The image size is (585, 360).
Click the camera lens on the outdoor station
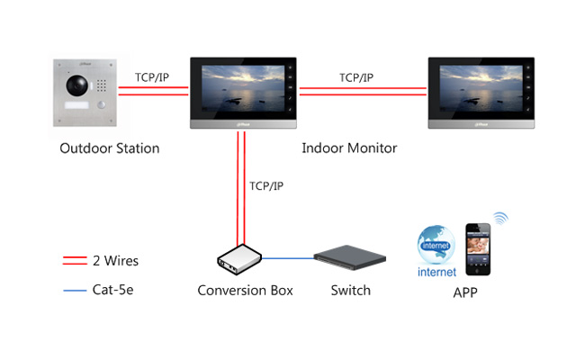(76, 85)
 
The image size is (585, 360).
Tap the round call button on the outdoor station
(101, 105)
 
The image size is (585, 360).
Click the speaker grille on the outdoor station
(101, 85)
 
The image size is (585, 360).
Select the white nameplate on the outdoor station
(76, 105)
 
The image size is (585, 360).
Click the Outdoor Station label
(110, 148)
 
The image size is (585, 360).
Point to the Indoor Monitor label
(349, 148)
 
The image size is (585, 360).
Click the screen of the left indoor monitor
(243, 89)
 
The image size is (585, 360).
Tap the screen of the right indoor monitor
(481, 89)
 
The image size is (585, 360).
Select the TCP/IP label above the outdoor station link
(152, 77)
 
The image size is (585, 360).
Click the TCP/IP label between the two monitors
(356, 77)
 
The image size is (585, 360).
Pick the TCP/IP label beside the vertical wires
(266, 185)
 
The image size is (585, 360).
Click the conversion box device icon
(239, 259)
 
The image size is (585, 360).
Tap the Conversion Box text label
(245, 290)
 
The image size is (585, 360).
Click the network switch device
(349, 257)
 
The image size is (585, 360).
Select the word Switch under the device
(351, 290)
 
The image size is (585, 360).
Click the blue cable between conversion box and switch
(288, 258)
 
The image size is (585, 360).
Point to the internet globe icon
(436, 245)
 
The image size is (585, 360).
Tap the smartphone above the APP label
(478, 249)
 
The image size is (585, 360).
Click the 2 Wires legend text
(116, 261)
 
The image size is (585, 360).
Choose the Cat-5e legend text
(113, 290)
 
